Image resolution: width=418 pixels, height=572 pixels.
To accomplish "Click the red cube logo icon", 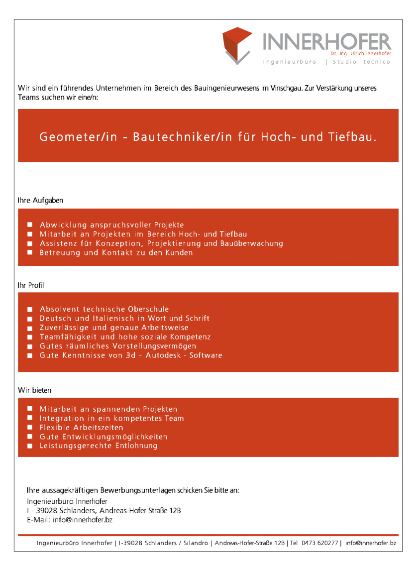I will tap(237, 45).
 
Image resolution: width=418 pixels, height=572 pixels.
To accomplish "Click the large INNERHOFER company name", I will tap(326, 42).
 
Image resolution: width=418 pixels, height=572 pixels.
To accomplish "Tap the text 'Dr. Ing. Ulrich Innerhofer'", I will tap(360, 53).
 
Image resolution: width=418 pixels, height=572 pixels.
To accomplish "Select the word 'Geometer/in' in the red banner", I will tap(78, 136).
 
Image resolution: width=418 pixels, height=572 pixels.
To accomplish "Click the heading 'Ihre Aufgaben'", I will tap(40, 200).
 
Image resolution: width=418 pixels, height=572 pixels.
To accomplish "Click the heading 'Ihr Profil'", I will tap(31, 285).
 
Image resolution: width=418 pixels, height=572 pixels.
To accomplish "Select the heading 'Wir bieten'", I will tap(35, 390).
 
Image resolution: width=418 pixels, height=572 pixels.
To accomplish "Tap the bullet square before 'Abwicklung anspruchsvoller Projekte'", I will tap(30, 225).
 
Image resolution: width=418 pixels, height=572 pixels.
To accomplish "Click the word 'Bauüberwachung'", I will tap(252, 243).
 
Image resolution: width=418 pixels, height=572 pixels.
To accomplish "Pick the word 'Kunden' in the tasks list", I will tap(179, 252).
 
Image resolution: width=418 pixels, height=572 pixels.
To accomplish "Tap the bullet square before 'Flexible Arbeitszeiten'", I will tap(30, 428).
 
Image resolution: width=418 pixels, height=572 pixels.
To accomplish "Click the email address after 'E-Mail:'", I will tap(83, 520).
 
